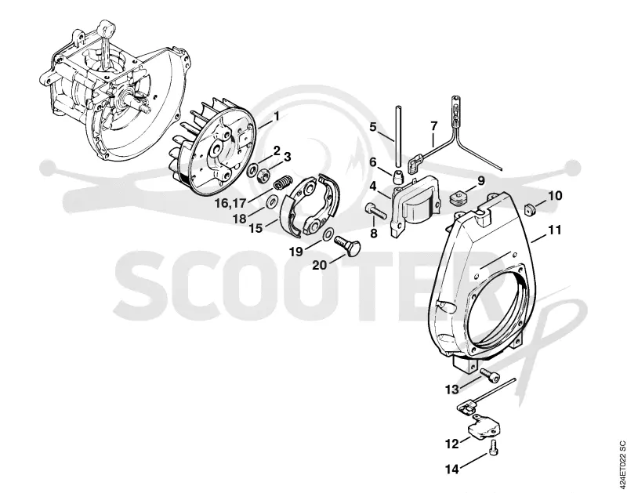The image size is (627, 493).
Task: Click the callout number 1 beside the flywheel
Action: (x=276, y=117)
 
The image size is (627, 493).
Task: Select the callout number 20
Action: (x=320, y=265)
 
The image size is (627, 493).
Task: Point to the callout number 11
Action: (x=555, y=230)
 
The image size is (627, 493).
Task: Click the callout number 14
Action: (x=452, y=469)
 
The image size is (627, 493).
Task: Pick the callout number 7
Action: (x=434, y=126)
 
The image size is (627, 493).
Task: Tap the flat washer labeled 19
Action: (x=328, y=234)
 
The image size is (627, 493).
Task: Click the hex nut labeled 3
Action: (x=263, y=175)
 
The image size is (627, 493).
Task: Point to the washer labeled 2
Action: (x=252, y=170)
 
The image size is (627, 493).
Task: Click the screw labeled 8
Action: (x=376, y=211)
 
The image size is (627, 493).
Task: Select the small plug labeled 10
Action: (x=531, y=208)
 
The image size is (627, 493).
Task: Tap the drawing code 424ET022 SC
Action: (x=622, y=466)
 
